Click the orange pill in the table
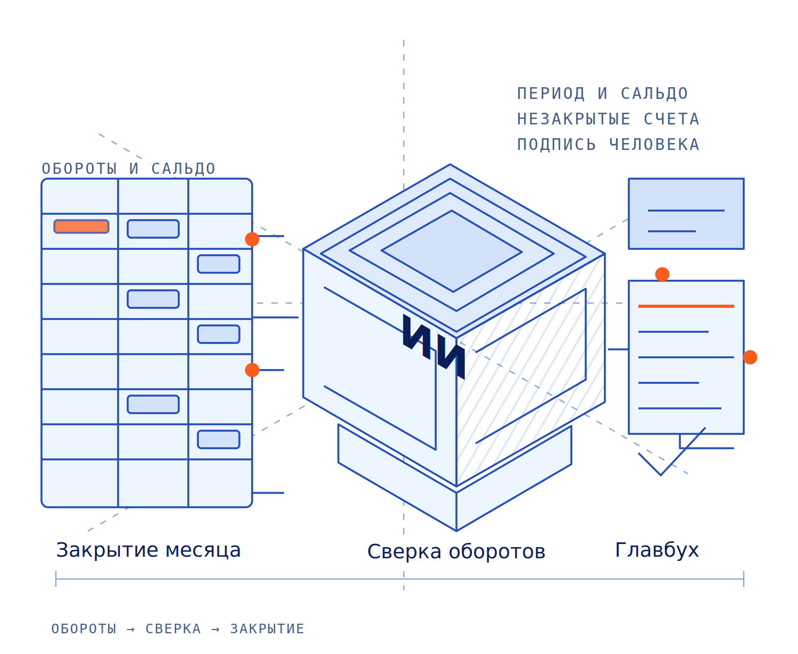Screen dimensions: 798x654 [x=81, y=226]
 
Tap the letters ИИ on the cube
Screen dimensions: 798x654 [x=434, y=346]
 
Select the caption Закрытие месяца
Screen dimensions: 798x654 [x=148, y=550]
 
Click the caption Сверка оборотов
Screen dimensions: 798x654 [x=456, y=551]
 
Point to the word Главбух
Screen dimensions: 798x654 [x=657, y=550]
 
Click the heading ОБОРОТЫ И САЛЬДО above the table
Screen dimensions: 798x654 [x=129, y=169]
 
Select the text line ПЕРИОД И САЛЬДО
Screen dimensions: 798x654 [x=602, y=94]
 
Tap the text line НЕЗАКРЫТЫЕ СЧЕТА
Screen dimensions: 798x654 [x=608, y=119]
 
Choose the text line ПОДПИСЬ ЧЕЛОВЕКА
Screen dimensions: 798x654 [x=608, y=145]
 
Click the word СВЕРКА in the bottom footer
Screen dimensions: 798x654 [x=173, y=628]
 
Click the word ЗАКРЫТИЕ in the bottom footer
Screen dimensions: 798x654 [x=267, y=628]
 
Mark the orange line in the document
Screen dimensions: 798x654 [x=686, y=306]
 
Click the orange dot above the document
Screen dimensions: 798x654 [x=662, y=274]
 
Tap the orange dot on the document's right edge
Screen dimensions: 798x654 [x=750, y=357]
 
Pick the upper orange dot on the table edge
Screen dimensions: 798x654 [x=252, y=239]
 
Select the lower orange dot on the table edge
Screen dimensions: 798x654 [x=252, y=370]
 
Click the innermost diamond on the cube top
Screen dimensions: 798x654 [x=452, y=251]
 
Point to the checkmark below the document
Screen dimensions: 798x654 [x=661, y=475]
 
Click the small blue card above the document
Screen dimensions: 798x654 [x=686, y=214]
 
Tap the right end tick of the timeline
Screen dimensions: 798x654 [x=744, y=579]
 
